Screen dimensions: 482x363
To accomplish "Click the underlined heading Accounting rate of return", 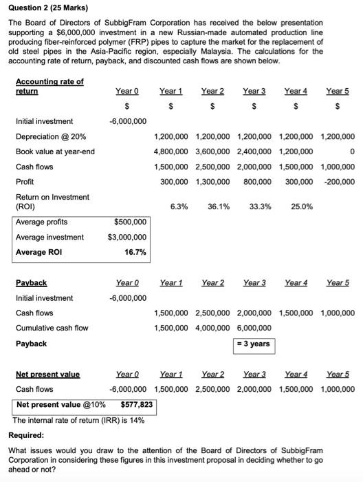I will click(x=49, y=86).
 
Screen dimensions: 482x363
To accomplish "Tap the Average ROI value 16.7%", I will click(x=135, y=252).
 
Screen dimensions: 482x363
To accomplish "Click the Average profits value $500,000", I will click(x=130, y=222).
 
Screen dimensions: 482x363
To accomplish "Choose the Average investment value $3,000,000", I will click(x=127, y=237).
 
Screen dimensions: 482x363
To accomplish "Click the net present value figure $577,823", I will click(x=136, y=404).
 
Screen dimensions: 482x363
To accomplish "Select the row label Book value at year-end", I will click(x=55, y=151).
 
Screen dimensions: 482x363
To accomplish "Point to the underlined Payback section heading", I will click(x=31, y=283).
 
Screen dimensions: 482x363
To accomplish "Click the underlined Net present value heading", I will click(x=47, y=375).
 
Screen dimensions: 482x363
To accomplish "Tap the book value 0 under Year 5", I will click(x=352, y=151).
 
